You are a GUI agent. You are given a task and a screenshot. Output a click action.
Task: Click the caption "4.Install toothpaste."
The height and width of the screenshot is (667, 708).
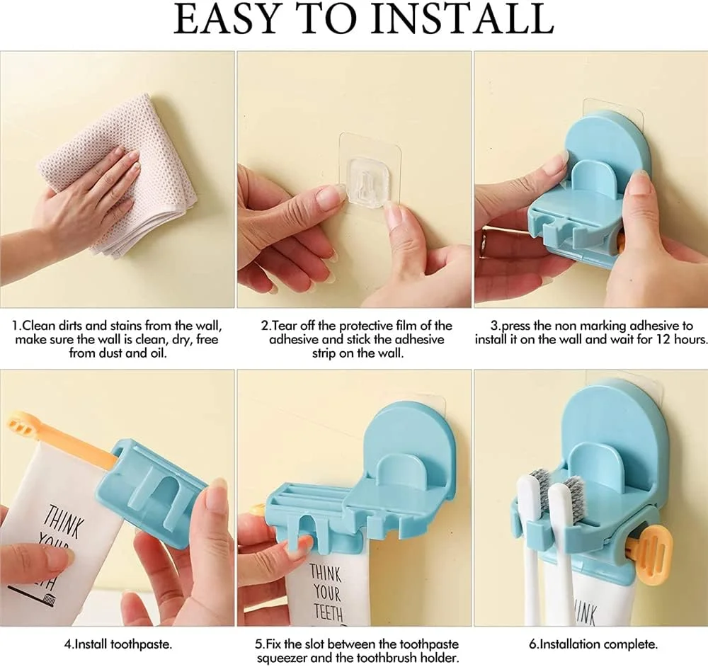118,644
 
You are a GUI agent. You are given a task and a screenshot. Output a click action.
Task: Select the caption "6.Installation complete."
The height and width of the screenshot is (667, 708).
593,644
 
